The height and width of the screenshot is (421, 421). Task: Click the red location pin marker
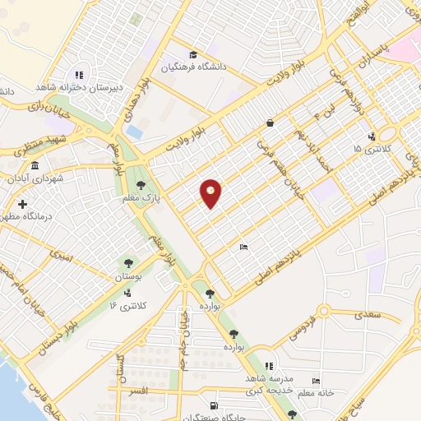(x=211, y=193)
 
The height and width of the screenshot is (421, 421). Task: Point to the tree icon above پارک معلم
(x=141, y=185)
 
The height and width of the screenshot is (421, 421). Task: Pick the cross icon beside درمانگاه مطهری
(x=22, y=203)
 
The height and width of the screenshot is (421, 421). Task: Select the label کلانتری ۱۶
(x=125, y=305)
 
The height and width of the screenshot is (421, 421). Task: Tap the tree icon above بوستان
(x=128, y=265)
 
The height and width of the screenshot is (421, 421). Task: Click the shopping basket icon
(x=270, y=124)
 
